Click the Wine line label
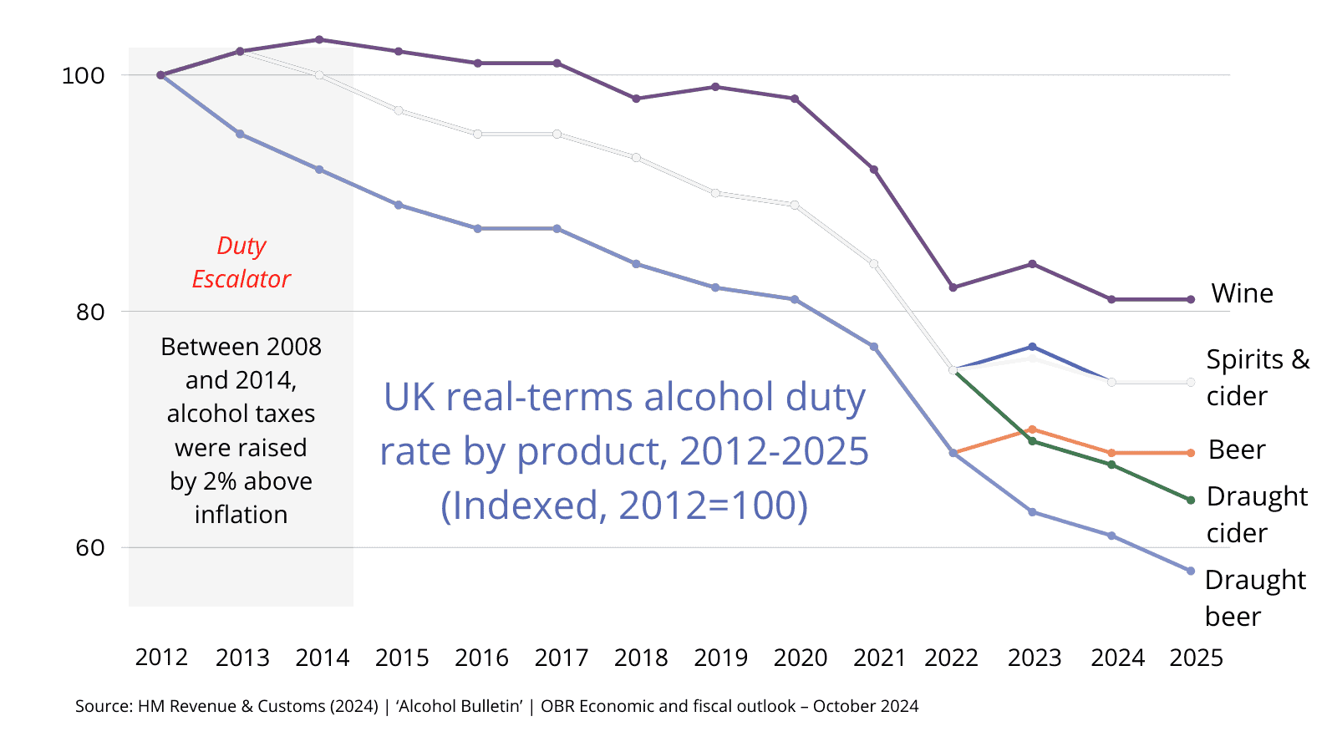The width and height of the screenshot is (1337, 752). click(1242, 293)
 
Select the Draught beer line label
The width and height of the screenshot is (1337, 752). click(1254, 597)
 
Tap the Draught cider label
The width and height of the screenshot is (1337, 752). click(1257, 514)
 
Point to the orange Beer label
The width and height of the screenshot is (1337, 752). click(1237, 450)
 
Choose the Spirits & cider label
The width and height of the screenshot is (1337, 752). click(1258, 377)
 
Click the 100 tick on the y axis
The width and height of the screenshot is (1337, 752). click(83, 75)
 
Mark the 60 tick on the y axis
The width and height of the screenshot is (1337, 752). click(89, 548)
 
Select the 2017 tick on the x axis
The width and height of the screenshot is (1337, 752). click(561, 658)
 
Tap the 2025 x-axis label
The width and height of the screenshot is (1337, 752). click(1196, 658)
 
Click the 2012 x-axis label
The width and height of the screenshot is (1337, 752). click(161, 658)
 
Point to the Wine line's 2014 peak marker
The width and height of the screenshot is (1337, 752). click(319, 40)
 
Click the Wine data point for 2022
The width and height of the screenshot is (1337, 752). click(953, 287)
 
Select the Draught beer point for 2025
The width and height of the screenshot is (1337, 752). click(1191, 572)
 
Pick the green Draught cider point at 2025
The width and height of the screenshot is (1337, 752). click(1191, 500)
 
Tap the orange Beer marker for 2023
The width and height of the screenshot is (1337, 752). click(1033, 429)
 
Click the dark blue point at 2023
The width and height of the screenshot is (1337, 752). click(1033, 347)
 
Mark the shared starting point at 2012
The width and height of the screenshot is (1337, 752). click(160, 75)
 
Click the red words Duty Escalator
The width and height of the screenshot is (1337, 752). click(241, 262)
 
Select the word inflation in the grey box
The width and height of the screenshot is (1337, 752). click(241, 515)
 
